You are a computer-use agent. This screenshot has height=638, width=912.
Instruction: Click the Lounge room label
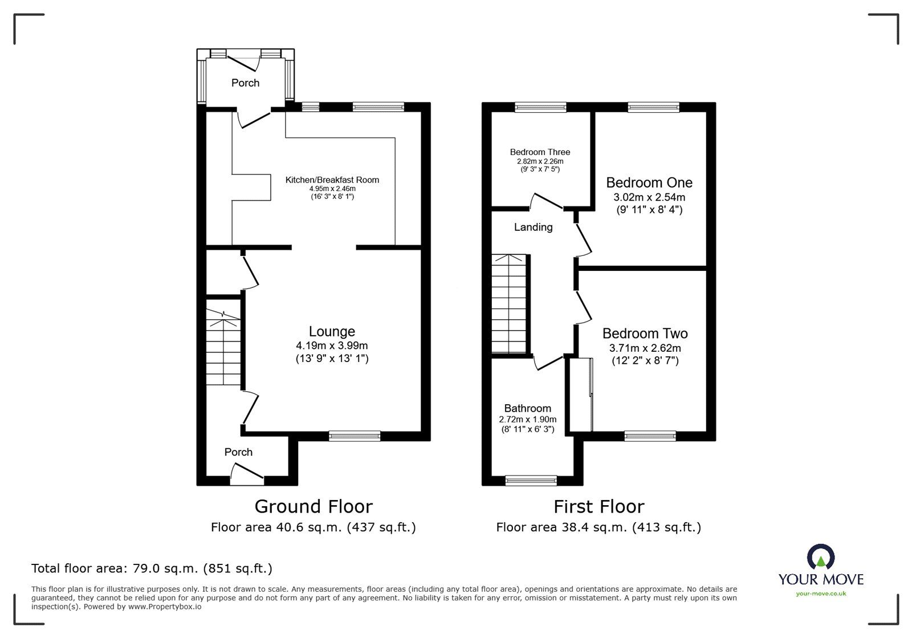332,331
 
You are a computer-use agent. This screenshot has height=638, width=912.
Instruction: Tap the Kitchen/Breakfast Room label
332,180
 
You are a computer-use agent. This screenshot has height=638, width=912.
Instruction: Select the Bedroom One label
649,182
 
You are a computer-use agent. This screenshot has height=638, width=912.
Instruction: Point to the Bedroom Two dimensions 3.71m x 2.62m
645,348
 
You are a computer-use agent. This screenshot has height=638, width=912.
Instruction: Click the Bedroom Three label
540,152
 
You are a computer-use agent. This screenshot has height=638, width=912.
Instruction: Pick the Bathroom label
527,408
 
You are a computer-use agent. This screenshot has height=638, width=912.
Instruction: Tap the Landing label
533,227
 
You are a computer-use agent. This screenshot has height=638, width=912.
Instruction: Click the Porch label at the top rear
245,83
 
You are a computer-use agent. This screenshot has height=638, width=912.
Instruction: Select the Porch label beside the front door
238,452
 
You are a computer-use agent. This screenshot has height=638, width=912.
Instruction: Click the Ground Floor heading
313,506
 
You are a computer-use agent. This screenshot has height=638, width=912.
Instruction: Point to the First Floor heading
598,506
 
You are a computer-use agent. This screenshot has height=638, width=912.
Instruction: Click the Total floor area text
152,568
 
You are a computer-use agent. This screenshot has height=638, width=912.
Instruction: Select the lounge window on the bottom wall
355,436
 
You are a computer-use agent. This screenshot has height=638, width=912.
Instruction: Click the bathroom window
531,481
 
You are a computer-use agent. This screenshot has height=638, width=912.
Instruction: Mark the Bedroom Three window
540,107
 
